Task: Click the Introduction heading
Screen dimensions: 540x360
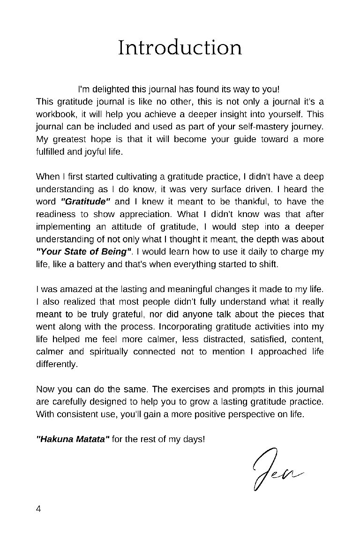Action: (x=180, y=48)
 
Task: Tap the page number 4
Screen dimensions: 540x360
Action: (x=38, y=509)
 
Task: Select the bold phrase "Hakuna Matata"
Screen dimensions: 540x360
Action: (x=73, y=440)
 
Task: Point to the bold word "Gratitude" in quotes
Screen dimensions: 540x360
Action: (x=86, y=202)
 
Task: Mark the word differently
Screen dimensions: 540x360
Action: (x=57, y=364)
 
